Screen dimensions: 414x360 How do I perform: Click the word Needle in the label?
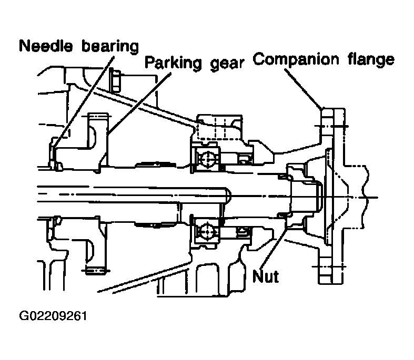[46, 46]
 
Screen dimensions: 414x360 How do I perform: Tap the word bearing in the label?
[110, 47]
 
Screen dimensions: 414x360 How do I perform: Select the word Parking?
[173, 63]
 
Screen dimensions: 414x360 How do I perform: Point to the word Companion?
[296, 59]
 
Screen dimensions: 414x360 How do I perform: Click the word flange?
[371, 59]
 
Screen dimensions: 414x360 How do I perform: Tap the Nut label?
[265, 276]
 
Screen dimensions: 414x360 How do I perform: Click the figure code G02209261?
[53, 316]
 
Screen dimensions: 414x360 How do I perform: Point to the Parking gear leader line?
[139, 104]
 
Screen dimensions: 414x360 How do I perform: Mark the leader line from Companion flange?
[304, 88]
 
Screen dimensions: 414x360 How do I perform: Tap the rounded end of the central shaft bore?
[228, 194]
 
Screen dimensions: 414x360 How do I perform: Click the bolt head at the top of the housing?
[115, 80]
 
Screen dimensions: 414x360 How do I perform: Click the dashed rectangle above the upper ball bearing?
[219, 128]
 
